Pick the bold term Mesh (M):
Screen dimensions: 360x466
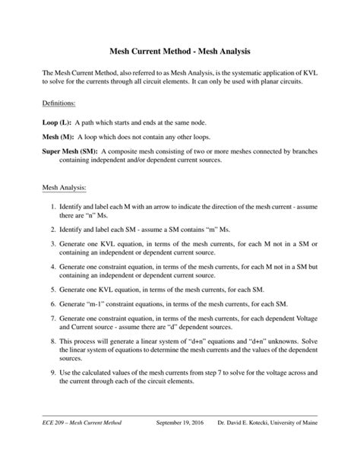60,137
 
